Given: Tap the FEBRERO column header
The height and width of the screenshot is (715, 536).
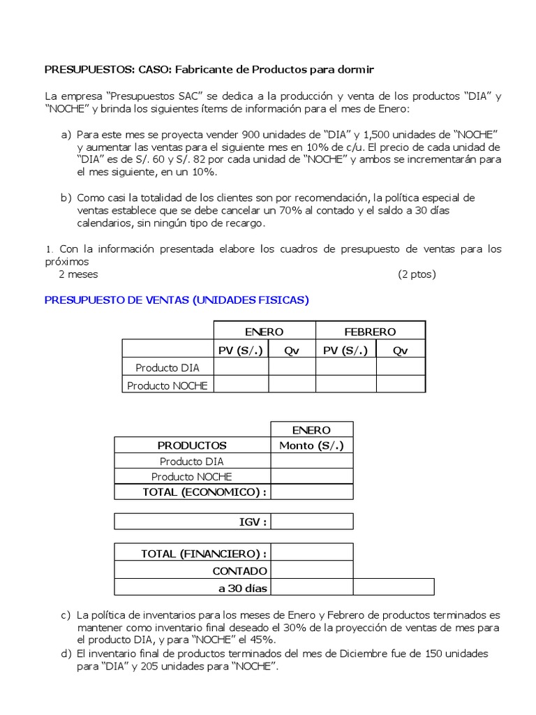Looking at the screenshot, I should coord(370,332).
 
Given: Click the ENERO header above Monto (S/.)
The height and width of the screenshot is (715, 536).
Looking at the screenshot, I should coord(312,430).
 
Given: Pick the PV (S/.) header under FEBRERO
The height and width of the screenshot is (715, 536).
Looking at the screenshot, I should coord(345,350).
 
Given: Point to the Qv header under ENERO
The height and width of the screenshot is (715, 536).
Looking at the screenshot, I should coord(292,350).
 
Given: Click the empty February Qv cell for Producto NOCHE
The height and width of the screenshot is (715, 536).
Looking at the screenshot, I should coord(400,385).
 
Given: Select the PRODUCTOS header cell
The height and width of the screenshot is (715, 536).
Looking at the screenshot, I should coord(192,445).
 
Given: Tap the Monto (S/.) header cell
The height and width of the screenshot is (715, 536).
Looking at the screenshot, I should coord(312,445).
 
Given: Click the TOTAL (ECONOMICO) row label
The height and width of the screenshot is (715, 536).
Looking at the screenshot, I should coord(204,492).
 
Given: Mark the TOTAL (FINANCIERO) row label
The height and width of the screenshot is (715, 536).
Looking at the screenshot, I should coord(204,554).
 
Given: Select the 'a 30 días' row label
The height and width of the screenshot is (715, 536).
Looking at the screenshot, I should coord(243,587).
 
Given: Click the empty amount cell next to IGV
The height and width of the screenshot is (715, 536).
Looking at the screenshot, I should coord(312,522).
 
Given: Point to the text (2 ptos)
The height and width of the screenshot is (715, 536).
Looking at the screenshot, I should coord(417,274).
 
